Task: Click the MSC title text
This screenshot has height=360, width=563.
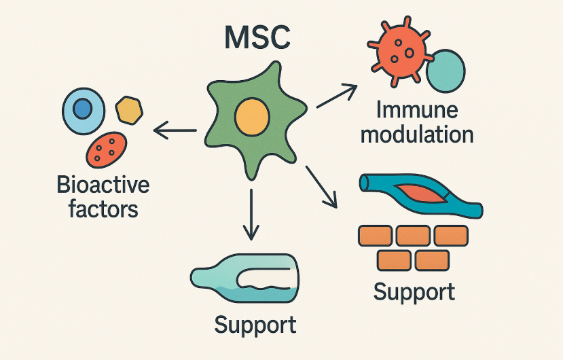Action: coord(258,39)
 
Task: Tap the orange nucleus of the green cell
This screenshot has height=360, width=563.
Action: coord(251,117)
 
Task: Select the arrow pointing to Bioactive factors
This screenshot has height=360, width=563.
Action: coord(175,129)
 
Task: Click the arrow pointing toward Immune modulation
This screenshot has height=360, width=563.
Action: coord(337,95)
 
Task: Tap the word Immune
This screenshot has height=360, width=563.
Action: coord(416,110)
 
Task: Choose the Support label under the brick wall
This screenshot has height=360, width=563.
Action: coord(414,292)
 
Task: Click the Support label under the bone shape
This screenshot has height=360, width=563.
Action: coord(255,324)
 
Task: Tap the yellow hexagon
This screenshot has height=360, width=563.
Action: coord(129,109)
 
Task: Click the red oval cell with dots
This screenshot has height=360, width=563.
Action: coord(107,148)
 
